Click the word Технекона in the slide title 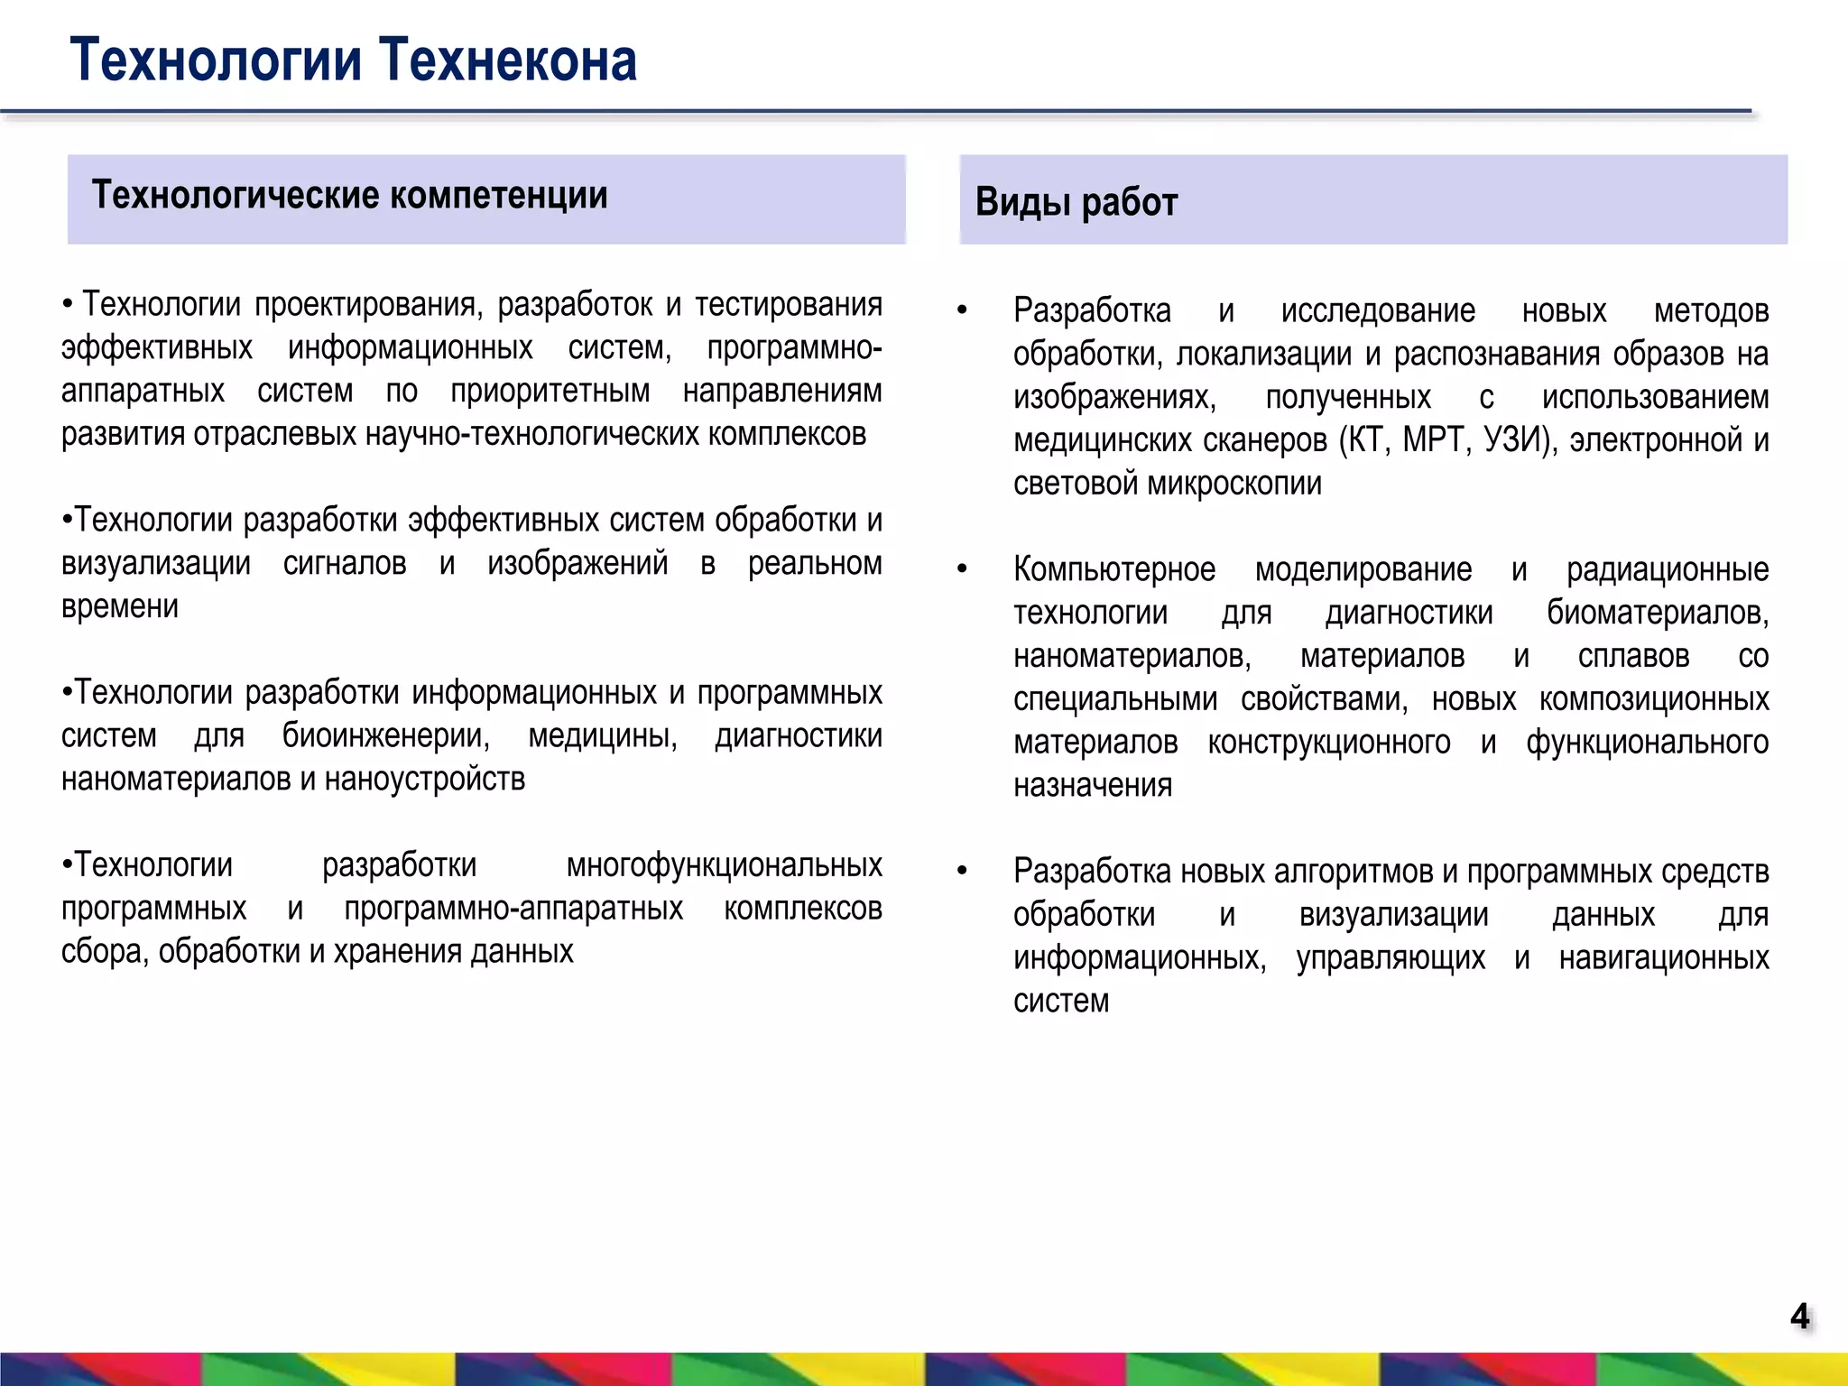pos(507,60)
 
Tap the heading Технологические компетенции pos(349,196)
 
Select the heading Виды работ pos(1076,202)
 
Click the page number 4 pos(1799,1317)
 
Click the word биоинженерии pos(385,736)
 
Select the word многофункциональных pos(724,865)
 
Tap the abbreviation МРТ pos(1435,441)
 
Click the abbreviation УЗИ pos(1518,441)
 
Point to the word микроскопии pos(1234,485)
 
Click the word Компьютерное pos(1113,570)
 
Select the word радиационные pos(1667,570)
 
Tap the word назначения pos(1092,786)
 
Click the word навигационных pos(1663,958)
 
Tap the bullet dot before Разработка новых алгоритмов pos(962,872)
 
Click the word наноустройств pos(424,780)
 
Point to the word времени pos(119,607)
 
